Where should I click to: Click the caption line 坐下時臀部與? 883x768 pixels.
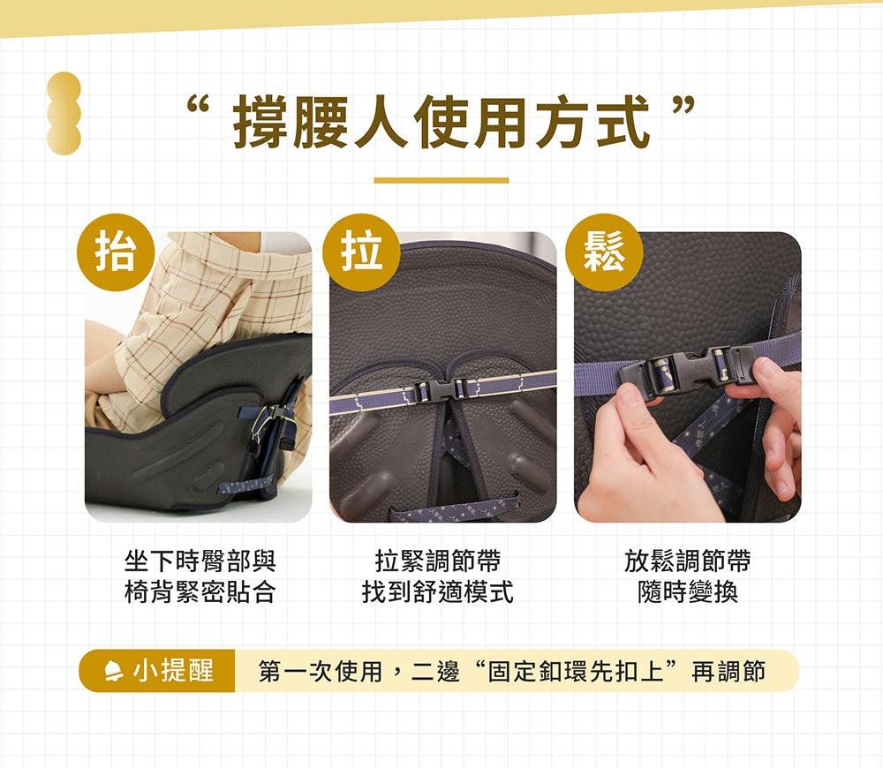200,561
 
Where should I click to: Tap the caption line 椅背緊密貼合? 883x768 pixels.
200,592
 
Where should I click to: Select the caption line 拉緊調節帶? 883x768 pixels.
438,561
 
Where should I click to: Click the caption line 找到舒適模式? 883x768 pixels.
438,592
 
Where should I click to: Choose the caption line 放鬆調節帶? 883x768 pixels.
688,561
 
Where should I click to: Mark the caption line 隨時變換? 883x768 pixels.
688,592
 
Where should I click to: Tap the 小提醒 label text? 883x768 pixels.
173,671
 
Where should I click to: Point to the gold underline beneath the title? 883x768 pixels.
441,181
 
